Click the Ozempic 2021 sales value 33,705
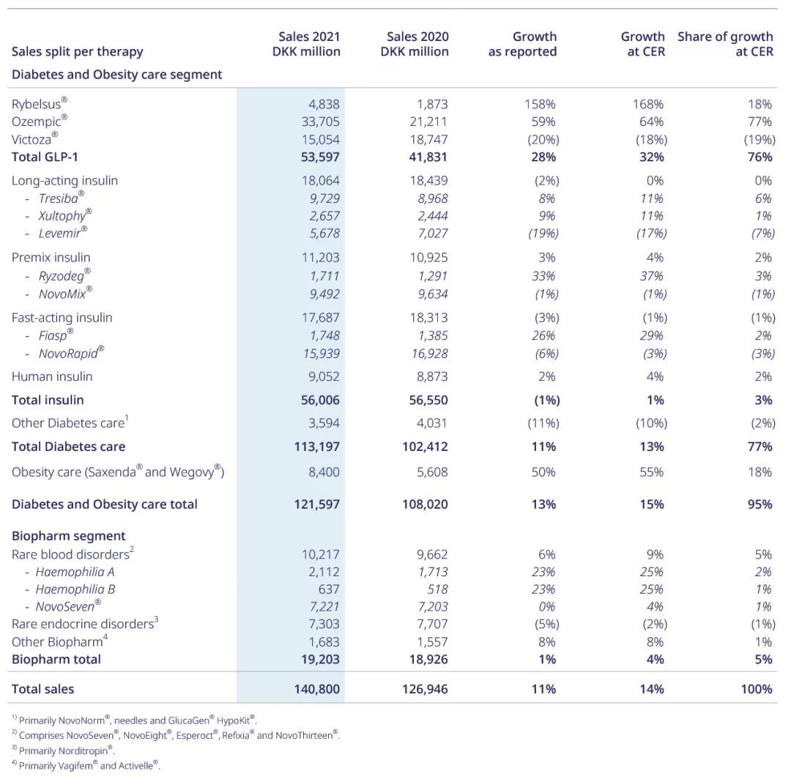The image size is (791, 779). pos(319,122)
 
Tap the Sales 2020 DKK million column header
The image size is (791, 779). pos(415,44)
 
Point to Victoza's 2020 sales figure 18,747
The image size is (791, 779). pos(428,139)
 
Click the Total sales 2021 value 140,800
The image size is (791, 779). pos(316,688)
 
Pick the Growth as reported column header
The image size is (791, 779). pos(523,44)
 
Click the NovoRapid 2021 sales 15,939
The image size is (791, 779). pos(319,353)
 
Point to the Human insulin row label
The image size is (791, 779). pos(52,376)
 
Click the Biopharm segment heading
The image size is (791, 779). pos(69,536)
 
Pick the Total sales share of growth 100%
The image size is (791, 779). pos(757,688)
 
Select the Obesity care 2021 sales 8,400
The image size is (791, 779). pos(323,472)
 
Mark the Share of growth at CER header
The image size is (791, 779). pos(725,44)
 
